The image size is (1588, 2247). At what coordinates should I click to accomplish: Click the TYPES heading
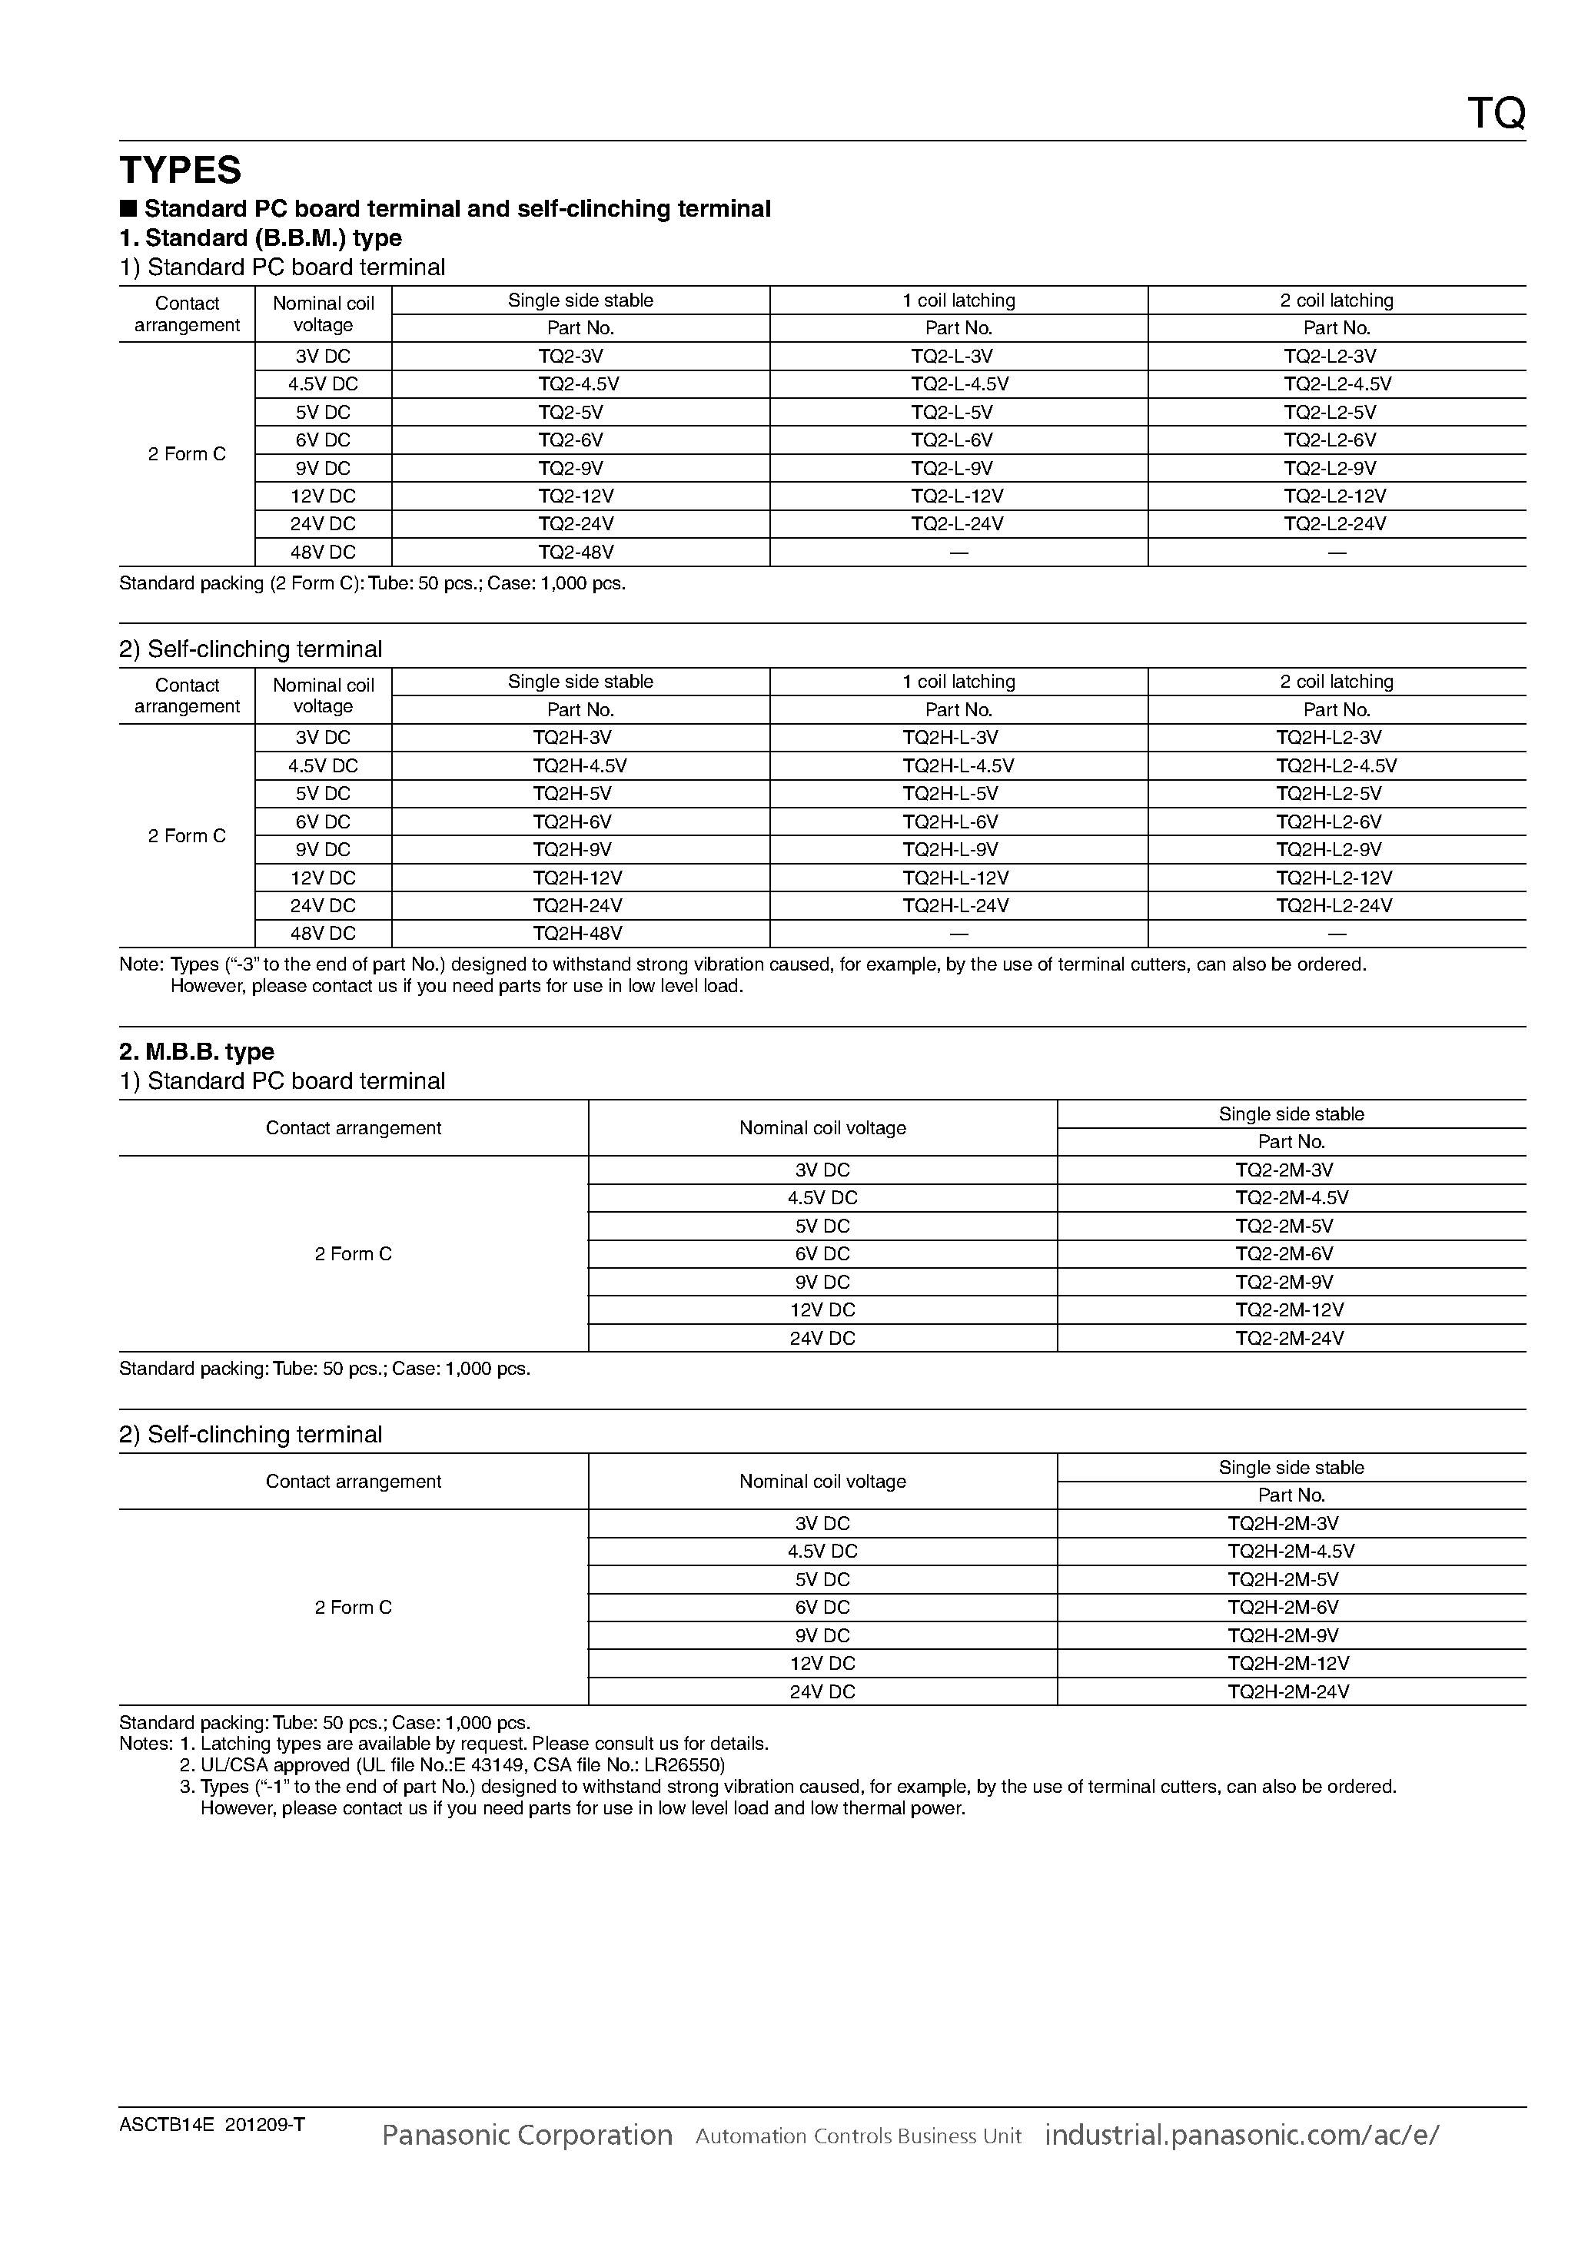pyautogui.click(x=180, y=171)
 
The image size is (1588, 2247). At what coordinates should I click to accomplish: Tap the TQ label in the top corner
pyautogui.click(x=1495, y=115)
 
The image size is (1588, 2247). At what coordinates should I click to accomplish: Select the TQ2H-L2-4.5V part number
pyautogui.click(x=1335, y=765)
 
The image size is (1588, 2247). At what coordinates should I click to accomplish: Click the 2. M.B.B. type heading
pyautogui.click(x=196, y=1052)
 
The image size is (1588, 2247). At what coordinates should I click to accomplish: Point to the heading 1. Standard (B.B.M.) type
pyautogui.click(x=261, y=237)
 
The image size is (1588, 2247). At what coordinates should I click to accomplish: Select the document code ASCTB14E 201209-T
pyautogui.click(x=211, y=2125)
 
